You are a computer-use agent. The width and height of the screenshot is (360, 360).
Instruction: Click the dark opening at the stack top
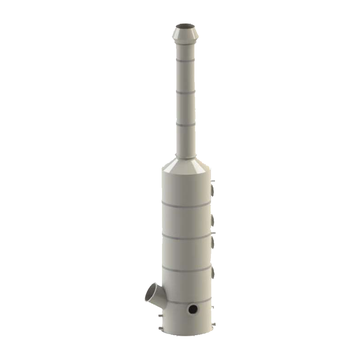point(185,26)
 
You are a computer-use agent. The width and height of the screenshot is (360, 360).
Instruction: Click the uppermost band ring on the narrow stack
point(186,60)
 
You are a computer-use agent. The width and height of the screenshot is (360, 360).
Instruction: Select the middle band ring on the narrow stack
point(186,93)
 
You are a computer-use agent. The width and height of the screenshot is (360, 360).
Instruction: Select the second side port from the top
point(213,220)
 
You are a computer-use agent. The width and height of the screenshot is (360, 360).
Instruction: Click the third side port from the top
point(213,242)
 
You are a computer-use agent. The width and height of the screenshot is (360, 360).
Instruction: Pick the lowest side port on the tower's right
point(213,273)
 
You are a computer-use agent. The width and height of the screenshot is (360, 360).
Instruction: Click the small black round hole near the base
point(193,309)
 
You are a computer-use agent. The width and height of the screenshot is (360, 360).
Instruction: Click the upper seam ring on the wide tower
point(186,205)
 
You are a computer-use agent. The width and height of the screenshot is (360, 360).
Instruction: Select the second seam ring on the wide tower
point(186,237)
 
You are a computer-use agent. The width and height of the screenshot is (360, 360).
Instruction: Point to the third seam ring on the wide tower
point(186,269)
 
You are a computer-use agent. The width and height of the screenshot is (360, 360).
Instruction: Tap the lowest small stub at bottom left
point(159,328)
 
